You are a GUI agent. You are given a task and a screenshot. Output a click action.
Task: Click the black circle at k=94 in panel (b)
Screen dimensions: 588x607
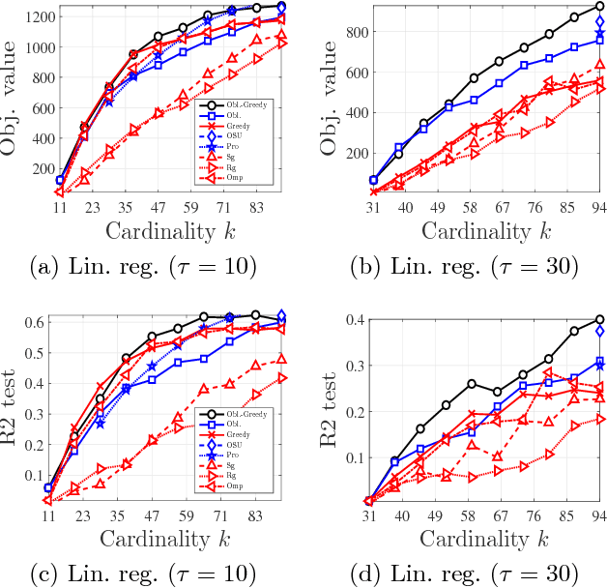point(600,6)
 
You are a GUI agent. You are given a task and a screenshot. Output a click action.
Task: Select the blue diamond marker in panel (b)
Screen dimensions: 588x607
point(600,21)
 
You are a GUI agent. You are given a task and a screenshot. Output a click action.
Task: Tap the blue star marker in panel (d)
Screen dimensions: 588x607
point(600,365)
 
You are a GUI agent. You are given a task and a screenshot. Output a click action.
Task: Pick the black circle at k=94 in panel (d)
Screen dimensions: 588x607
point(600,319)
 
